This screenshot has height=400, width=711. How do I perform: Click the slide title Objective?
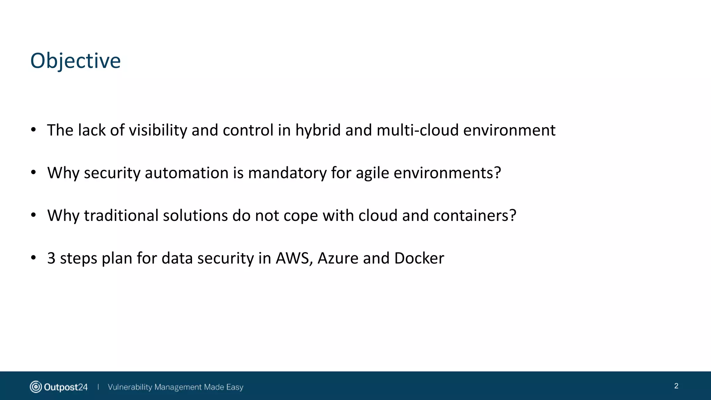click(x=75, y=61)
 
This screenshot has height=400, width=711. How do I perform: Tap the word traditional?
click(x=121, y=216)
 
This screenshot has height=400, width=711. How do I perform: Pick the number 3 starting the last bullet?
click(x=51, y=258)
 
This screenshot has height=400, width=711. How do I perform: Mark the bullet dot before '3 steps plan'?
click(x=33, y=258)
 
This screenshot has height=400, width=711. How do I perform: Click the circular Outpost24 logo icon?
click(x=36, y=387)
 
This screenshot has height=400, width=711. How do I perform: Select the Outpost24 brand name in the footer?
click(x=66, y=387)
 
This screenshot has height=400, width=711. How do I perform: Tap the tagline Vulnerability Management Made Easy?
click(x=175, y=387)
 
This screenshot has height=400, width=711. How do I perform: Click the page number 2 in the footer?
click(x=676, y=386)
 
